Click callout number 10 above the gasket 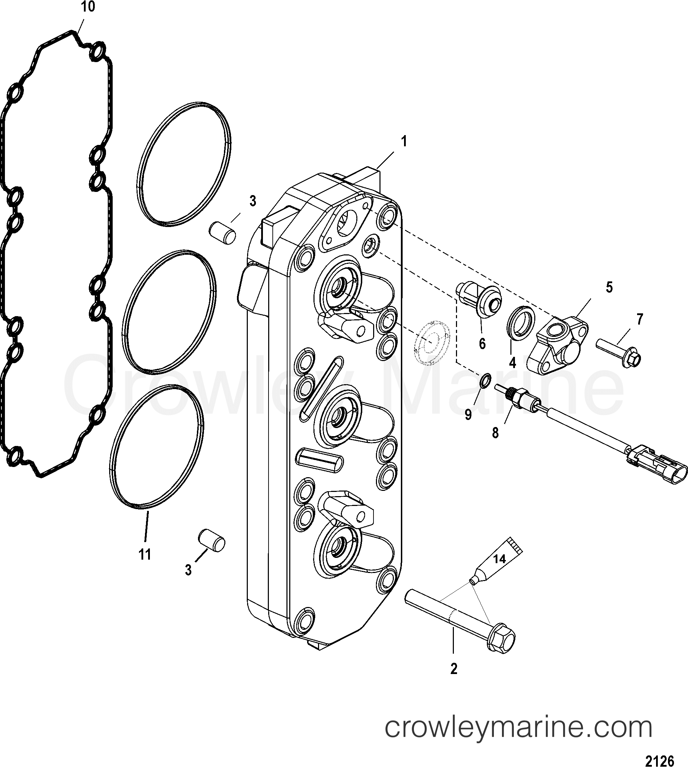(88, 7)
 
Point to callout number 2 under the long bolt (454, 669)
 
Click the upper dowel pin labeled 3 (223, 233)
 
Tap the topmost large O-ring (184, 164)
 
